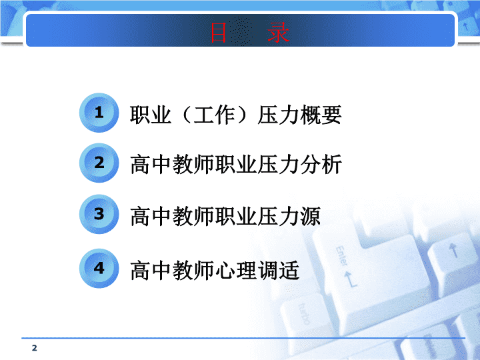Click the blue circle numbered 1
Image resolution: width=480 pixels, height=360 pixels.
pos(99,113)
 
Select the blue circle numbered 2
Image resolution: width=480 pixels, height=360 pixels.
pos(99,163)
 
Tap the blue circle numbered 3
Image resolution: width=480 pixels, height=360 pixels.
pos(99,214)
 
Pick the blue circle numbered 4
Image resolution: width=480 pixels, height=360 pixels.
pos(99,268)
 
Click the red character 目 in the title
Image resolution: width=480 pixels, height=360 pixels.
pos(218,33)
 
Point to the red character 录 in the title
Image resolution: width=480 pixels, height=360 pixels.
pos(278,33)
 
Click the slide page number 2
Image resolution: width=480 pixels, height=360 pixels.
pos(34,348)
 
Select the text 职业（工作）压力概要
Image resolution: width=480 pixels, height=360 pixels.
pos(236,115)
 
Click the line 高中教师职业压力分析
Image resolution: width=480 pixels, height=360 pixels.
pos(236,165)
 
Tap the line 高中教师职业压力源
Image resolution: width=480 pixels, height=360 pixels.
pos(225,216)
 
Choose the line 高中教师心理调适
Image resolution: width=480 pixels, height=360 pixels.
pos(215,270)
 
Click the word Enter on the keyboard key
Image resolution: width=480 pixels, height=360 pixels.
pos(342,256)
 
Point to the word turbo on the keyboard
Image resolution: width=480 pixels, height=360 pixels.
pos(304,314)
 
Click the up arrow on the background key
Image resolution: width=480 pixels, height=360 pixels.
pos(454,250)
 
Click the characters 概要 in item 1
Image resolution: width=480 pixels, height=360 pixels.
pos(321,115)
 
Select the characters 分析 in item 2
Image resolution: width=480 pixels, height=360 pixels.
pos(321,165)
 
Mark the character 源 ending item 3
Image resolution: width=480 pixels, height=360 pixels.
pos(311,216)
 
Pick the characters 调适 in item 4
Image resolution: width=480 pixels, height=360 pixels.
pos(279,270)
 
